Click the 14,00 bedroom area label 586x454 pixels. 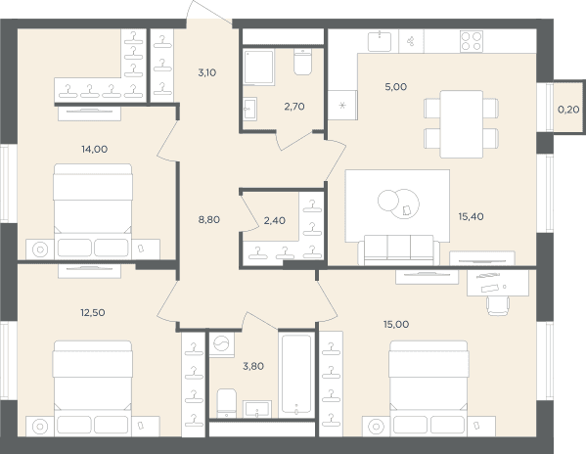pos(95,149)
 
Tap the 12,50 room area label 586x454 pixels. pos(93,312)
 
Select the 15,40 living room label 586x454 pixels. pos(471,216)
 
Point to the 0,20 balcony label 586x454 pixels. pos(568,110)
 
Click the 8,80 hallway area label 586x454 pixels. pos(209,220)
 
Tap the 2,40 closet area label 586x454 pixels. pos(275,220)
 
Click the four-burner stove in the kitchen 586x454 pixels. pos(472,41)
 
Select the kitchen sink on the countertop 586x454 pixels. pos(380,41)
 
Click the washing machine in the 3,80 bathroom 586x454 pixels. pos(222,344)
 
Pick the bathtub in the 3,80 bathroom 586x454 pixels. pos(296,374)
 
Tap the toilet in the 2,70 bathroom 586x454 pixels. pos(302,62)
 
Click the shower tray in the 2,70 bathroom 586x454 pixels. pos(258,68)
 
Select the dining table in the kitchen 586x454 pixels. pos(461,124)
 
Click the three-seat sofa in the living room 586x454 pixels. pos(399,250)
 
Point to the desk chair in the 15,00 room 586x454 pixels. pos(498,305)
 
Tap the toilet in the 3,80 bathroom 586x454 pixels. pos(227,403)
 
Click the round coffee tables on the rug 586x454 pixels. pos(398,204)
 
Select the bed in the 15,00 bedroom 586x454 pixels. pos(428,388)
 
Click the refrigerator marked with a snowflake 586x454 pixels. pos(342,105)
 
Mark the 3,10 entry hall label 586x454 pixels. pos(207,72)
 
